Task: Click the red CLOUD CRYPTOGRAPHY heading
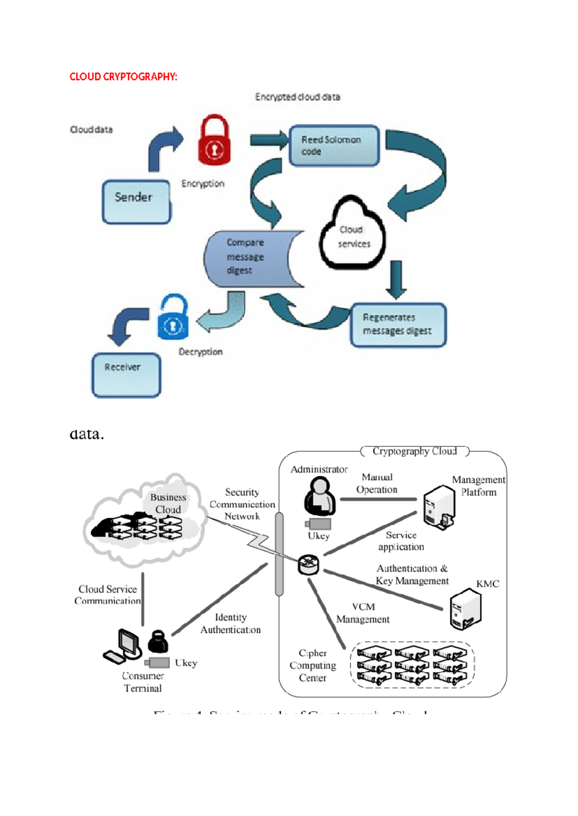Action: [123, 76]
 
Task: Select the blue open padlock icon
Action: [173, 318]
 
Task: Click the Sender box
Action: [136, 202]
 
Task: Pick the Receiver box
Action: [126, 375]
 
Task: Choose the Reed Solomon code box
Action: [334, 145]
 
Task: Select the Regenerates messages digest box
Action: [398, 324]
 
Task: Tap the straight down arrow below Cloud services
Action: [396, 279]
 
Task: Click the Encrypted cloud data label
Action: [298, 97]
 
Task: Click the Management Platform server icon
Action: [439, 507]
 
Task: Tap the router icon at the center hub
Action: [308, 564]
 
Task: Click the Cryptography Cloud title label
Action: [414, 451]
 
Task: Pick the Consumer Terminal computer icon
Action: [122, 647]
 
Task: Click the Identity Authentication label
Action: [231, 623]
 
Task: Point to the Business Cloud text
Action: [168, 503]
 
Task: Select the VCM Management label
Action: [363, 613]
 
